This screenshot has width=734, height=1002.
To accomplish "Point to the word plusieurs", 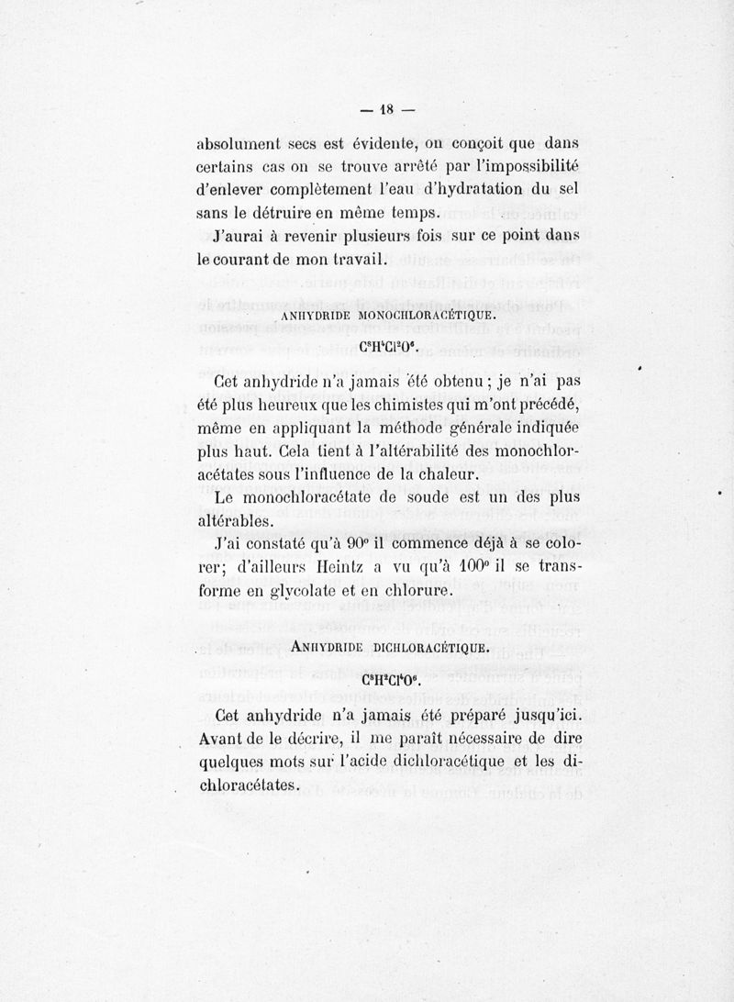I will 384,237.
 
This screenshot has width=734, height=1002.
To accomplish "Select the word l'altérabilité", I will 428,451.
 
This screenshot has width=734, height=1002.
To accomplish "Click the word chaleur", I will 442,475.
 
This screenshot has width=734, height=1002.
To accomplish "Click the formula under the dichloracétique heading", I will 391,681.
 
